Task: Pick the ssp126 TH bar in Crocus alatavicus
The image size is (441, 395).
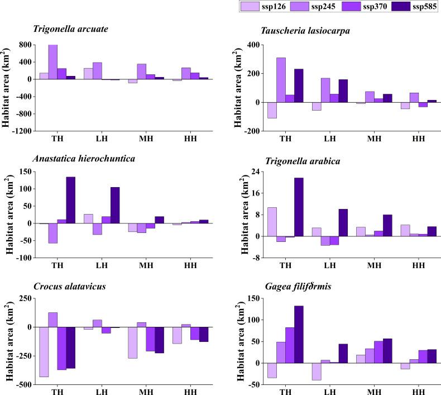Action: pyautogui.click(x=44, y=351)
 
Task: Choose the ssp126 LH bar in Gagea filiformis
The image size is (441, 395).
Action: pyautogui.click(x=317, y=372)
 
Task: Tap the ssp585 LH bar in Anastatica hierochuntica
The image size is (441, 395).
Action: pyautogui.click(x=115, y=205)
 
